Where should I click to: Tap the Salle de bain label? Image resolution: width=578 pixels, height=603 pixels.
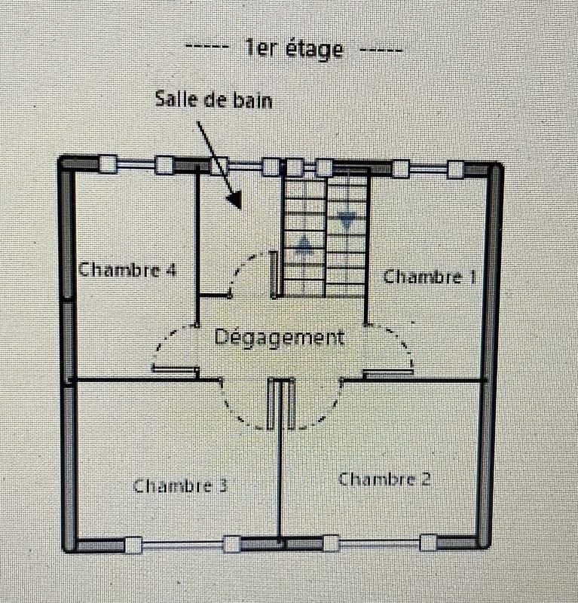pyautogui.click(x=213, y=99)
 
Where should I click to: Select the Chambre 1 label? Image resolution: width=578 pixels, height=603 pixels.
pyautogui.click(x=430, y=277)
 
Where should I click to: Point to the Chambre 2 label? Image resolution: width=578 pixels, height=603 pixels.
pyautogui.click(x=384, y=479)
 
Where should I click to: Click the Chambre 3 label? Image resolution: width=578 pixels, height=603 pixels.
pyautogui.click(x=180, y=485)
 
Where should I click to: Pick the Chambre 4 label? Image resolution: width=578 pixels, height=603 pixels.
pyautogui.click(x=127, y=269)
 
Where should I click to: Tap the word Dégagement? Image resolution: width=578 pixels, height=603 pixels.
pyautogui.click(x=280, y=337)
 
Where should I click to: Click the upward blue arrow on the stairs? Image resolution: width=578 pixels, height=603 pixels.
pyautogui.click(x=304, y=244)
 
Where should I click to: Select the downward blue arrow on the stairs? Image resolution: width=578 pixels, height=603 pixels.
pyautogui.click(x=347, y=221)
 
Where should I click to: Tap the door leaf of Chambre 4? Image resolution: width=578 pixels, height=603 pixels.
pyautogui.click(x=175, y=369)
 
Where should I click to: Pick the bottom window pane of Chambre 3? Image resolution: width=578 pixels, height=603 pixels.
pyautogui.click(x=182, y=543)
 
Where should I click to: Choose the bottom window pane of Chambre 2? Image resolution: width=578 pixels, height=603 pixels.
pyautogui.click(x=380, y=541)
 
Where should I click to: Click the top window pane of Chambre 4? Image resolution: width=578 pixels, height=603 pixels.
pyautogui.click(x=136, y=164)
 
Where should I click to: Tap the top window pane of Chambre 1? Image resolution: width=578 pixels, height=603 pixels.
pyautogui.click(x=427, y=167)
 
